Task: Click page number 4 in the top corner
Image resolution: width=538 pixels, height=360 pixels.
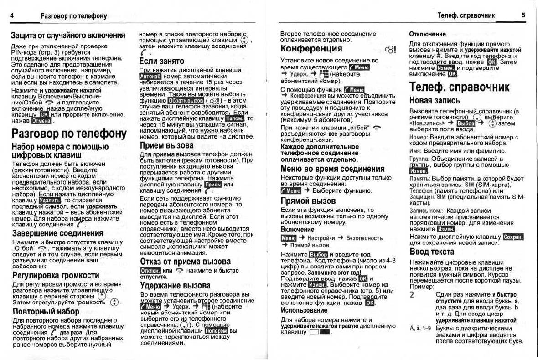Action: pyautogui.click(x=12, y=16)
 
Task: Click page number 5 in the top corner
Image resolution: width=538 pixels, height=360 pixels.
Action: pyautogui.click(x=523, y=15)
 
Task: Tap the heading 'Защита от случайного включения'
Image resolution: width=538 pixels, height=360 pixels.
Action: pyautogui.click(x=68, y=36)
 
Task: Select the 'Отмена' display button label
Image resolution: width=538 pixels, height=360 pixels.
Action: pyautogui.click(x=41, y=121)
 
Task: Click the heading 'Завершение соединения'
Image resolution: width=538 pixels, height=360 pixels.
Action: pyautogui.click(x=58, y=233)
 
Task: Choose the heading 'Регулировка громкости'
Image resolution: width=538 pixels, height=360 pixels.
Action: pyautogui.click(x=56, y=275)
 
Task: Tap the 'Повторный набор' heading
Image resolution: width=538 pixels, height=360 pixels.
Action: pyautogui.click(x=46, y=312)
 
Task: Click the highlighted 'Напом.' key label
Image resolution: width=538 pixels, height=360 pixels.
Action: pyautogui.click(x=235, y=118)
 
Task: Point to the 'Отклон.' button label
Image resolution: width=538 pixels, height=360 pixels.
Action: pyautogui.click(x=150, y=271)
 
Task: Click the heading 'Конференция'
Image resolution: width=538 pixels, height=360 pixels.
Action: pyautogui.click(x=311, y=49)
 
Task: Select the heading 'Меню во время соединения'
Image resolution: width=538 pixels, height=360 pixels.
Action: pyautogui.click(x=332, y=169)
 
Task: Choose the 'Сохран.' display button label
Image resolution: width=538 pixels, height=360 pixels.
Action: pyautogui.click(x=513, y=237)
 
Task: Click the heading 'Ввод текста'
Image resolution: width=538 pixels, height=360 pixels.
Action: pyautogui.click(x=432, y=252)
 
